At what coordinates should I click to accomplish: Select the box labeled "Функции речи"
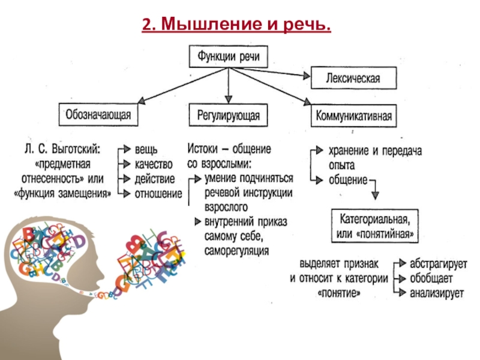pos(229,56)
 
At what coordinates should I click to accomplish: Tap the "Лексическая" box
pos(353,78)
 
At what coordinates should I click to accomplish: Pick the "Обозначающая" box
pos(98,115)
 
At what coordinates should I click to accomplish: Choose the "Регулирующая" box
pos(229,115)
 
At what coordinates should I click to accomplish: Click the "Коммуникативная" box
pos(353,116)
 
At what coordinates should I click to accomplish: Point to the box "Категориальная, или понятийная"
pos(374,226)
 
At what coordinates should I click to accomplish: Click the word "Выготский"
pos(76,149)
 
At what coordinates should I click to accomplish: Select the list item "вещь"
pos(146,149)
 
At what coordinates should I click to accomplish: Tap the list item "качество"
pos(154,164)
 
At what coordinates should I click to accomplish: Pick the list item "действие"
pos(155,179)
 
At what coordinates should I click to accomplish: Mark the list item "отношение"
pos(158,194)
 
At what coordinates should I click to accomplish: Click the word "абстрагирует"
pos(439,263)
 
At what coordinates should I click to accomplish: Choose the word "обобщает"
pos(431,278)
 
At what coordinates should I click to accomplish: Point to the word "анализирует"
pos(437,293)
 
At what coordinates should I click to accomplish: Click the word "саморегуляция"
pos(236,251)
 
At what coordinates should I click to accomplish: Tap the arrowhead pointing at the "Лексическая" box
pos(307,76)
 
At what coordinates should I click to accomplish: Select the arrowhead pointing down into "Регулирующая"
pos(229,100)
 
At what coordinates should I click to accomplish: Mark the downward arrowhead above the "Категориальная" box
pos(376,196)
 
